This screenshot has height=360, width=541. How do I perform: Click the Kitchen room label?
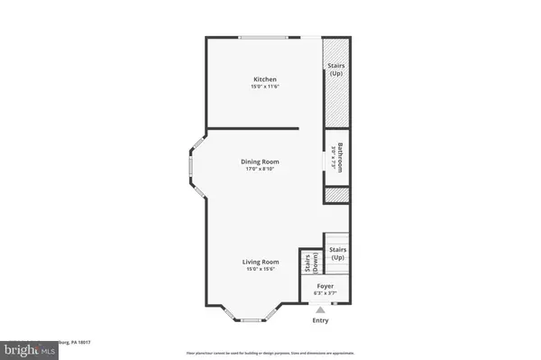tap(264, 79)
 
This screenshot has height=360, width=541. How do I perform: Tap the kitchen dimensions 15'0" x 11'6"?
tap(264, 87)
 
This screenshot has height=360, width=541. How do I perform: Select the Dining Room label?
tap(262, 162)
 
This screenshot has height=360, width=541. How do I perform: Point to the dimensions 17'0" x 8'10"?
tap(262, 169)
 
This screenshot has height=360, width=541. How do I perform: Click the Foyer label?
tap(324, 285)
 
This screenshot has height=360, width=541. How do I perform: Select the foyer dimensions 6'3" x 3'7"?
tap(324, 292)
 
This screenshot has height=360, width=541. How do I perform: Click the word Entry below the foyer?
tap(321, 320)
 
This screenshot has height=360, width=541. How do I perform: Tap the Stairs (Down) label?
tap(307, 263)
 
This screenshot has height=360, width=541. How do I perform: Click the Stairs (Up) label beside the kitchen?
tap(337, 69)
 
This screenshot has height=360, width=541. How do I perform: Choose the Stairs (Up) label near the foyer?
tap(338, 254)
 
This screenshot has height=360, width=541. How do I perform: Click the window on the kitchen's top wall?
tap(270, 36)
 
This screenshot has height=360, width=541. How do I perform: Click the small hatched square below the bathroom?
tap(336, 194)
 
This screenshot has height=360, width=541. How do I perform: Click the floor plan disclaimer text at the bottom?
tap(270, 352)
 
